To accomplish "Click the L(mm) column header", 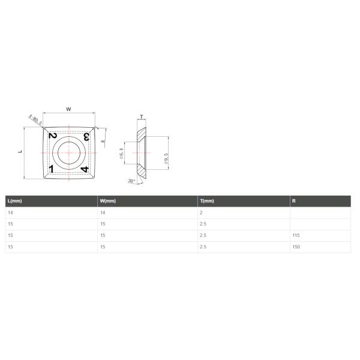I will coord(16,201).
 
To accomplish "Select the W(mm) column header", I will coord(108,201).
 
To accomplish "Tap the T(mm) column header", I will coord(207,201).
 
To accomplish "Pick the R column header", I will coord(293,201).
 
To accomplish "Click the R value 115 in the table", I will coord(295,235).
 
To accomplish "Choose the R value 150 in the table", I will coord(295,247).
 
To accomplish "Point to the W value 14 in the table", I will coord(103,212).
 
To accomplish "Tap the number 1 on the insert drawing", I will coord(52,169).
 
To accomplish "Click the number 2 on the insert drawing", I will coord(53,136).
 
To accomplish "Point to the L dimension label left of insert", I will coord(19,152).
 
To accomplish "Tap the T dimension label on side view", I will coord(142,118).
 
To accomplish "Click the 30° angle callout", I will coord(131,181).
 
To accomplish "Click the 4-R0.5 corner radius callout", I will coord(34,121).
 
